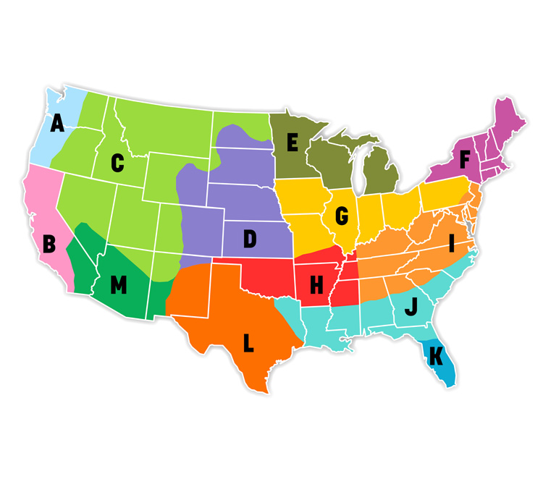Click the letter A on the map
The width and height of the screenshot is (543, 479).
57,124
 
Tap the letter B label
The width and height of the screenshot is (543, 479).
49,244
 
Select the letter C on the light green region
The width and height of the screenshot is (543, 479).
117,164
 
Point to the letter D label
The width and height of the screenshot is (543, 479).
250,239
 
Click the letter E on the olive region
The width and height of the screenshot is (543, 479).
292,143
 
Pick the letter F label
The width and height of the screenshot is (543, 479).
465,157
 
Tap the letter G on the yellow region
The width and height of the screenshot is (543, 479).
342,215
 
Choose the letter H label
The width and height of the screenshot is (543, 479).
316,285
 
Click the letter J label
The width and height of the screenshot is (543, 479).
411,308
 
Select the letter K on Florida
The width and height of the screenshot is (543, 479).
434,355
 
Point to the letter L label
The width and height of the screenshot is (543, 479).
248,343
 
